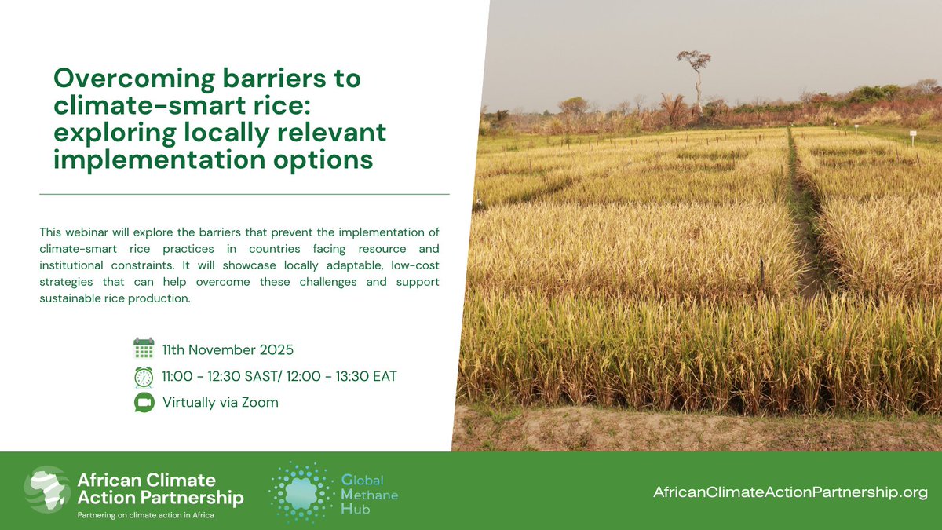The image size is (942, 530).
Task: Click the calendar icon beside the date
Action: [x=144, y=349]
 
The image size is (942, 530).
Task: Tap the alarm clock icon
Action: [x=144, y=376]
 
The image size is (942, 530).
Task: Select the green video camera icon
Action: [x=144, y=403]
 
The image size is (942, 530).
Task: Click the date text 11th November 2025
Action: [x=228, y=349]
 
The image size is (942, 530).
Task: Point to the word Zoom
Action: [x=261, y=403]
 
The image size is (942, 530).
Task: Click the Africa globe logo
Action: [x=47, y=491]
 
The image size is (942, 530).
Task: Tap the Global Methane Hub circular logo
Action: [x=301, y=492]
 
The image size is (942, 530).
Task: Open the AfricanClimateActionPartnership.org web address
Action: [x=790, y=492]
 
